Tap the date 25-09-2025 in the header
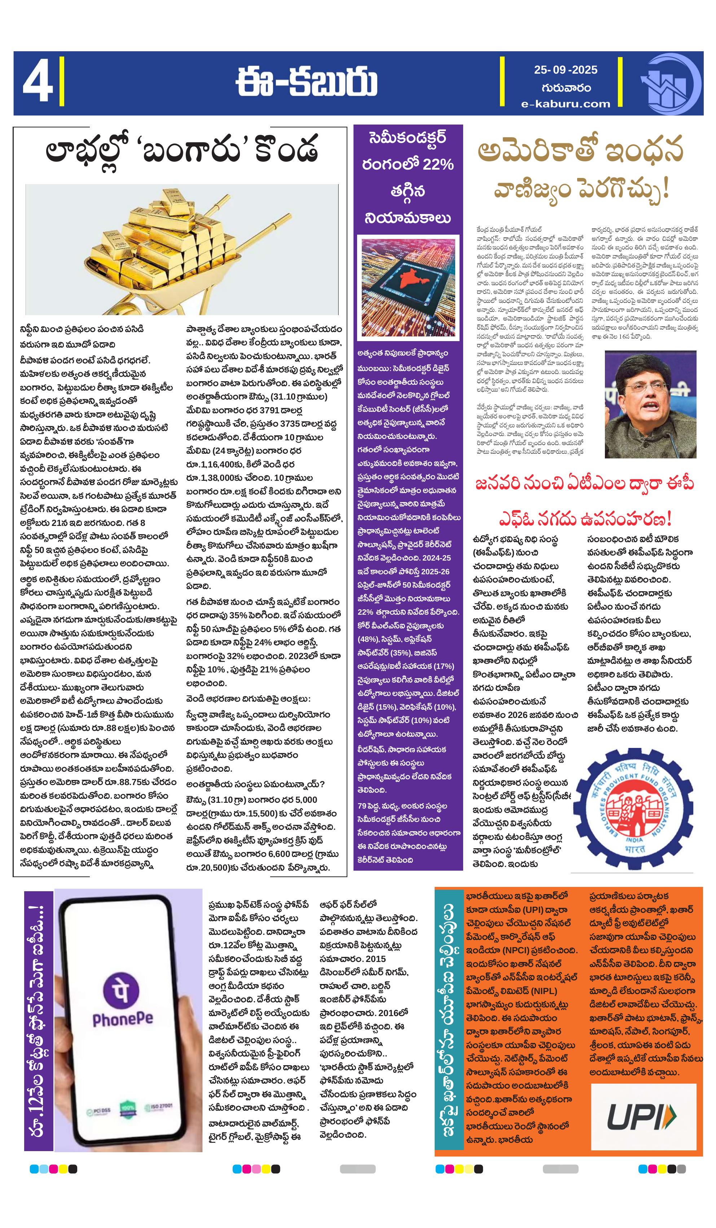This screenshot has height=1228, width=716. pos(565,70)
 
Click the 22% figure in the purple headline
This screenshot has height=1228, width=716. pos(438,165)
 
